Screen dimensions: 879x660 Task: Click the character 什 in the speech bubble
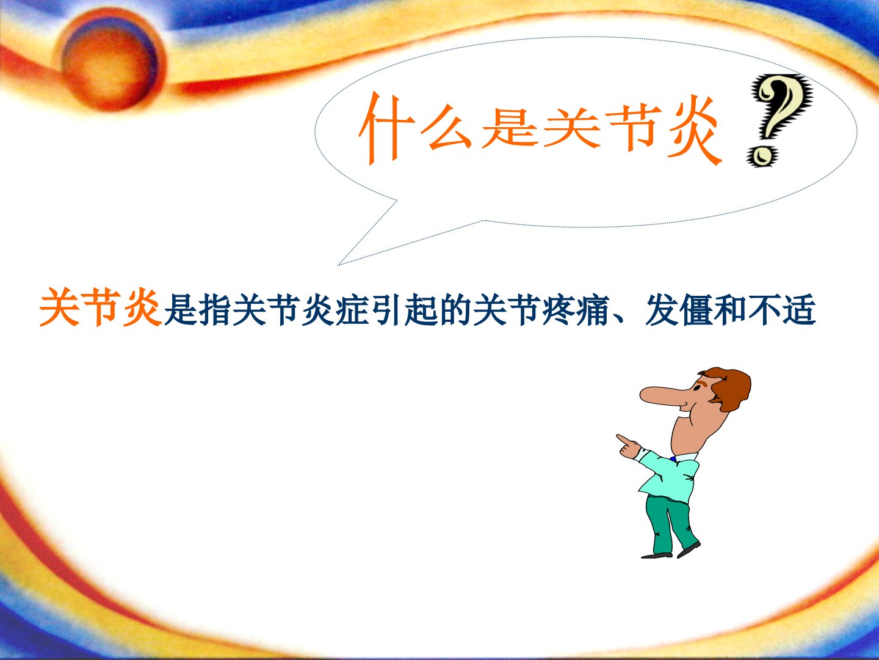pos(385,128)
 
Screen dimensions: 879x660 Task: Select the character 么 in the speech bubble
pos(446,128)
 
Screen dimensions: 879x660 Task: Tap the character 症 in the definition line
pos(352,310)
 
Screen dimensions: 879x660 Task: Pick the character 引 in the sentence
pos(387,310)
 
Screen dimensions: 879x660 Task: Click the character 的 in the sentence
pos(455,310)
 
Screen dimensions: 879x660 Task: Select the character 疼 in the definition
pos(559,310)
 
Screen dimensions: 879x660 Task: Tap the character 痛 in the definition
pos(593,310)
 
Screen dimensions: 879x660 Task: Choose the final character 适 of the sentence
pos(800,310)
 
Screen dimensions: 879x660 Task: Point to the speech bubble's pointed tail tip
pos(339,265)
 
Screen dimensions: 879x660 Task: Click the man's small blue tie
pos(673,459)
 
